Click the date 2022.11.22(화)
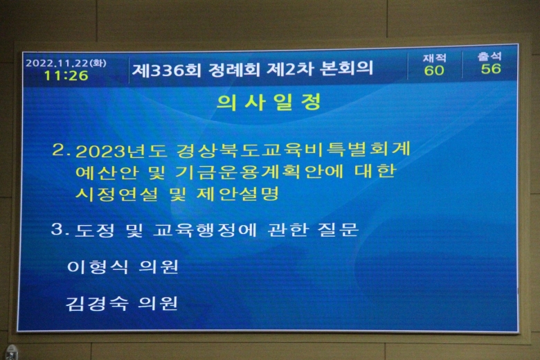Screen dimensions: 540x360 click(66, 64)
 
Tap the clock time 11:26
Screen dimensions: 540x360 click(66, 75)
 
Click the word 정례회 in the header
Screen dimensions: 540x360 click(233, 70)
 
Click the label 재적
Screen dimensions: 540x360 click(435, 58)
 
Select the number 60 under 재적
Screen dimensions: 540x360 click(434, 71)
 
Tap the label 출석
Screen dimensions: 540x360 click(489, 57)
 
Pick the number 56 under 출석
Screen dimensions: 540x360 click(491, 69)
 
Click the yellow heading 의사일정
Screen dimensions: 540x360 click(269, 102)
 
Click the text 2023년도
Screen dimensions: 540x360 click(121, 150)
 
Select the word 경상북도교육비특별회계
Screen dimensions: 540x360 click(294, 149)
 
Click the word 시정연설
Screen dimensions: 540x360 click(117, 194)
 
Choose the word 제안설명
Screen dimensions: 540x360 click(237, 194)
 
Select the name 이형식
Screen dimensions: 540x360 click(98, 267)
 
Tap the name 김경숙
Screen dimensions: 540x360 click(97, 303)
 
